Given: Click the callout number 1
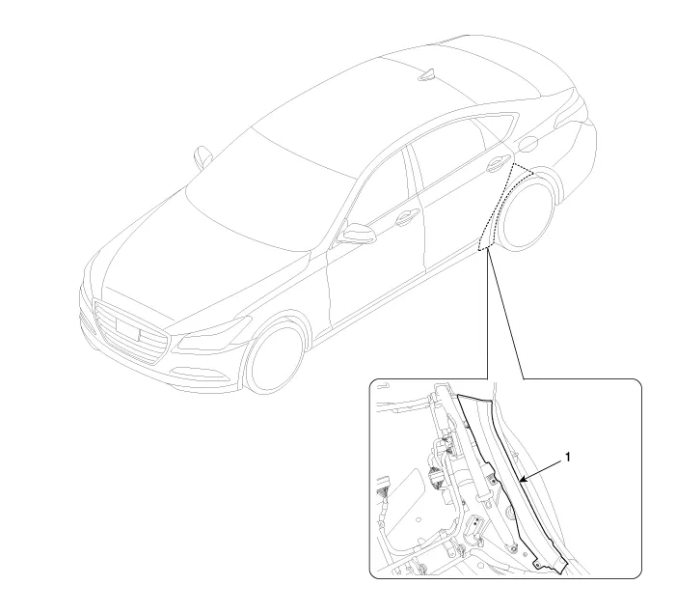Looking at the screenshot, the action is pos(567,457).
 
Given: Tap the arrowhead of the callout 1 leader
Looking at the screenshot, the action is pos(523,479).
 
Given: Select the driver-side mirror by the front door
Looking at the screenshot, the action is pos(357,233).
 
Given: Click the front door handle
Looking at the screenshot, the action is pos(407,217).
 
